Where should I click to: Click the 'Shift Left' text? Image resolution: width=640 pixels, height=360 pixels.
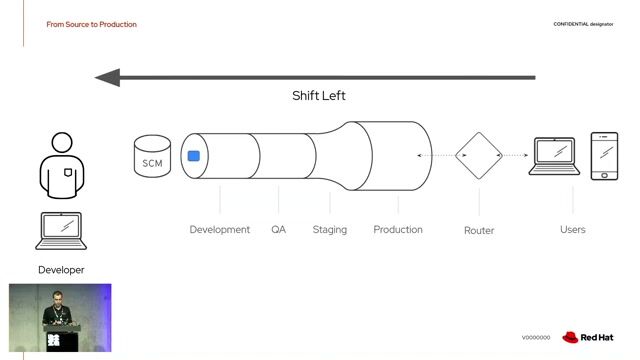tap(319, 96)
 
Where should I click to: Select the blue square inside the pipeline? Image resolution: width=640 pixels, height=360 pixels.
tap(194, 155)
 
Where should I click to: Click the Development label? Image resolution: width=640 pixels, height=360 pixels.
tap(220, 230)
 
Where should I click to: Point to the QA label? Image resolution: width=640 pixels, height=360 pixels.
tap(278, 230)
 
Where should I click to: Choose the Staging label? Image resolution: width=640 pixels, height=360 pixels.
tap(330, 230)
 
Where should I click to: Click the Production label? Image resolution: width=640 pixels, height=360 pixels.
tap(398, 230)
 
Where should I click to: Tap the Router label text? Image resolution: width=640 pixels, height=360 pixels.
tap(479, 231)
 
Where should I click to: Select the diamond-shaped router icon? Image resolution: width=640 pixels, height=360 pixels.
tap(478, 156)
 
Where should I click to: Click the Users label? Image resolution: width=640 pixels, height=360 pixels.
tap(573, 230)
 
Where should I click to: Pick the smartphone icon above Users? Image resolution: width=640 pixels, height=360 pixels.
tap(604, 156)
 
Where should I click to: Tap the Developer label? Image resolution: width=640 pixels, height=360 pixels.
tap(61, 270)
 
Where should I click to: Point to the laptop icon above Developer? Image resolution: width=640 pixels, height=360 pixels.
tap(62, 231)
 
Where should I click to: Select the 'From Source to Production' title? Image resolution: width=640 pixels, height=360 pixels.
tap(92, 24)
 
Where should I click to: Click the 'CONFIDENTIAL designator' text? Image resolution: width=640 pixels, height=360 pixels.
tap(583, 24)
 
